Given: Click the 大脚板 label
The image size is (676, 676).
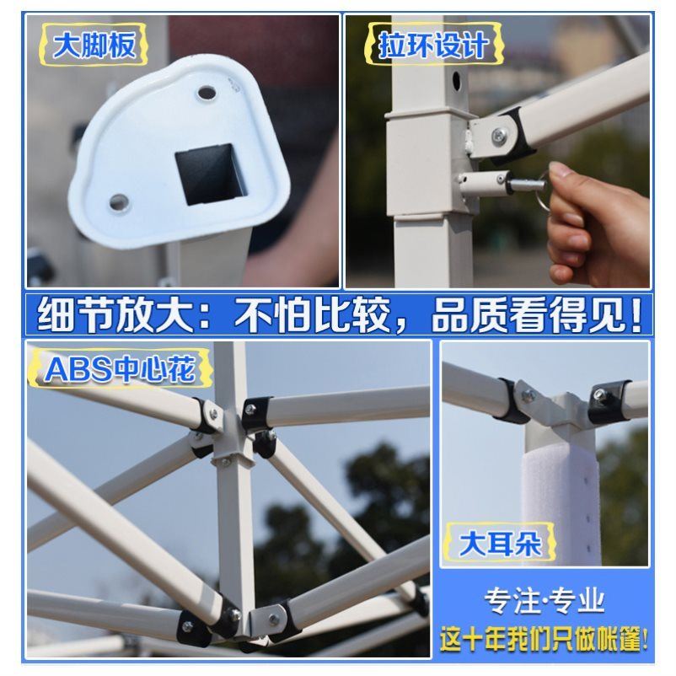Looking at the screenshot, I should (x=94, y=45).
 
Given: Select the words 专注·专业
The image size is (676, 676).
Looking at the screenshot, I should (x=544, y=601).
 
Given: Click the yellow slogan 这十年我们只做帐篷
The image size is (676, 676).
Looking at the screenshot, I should (x=545, y=638).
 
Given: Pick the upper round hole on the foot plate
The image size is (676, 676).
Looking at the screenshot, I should (x=206, y=89).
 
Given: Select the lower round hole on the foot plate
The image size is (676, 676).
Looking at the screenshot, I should (x=119, y=201).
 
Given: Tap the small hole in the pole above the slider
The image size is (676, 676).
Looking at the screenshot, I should (x=455, y=81).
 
